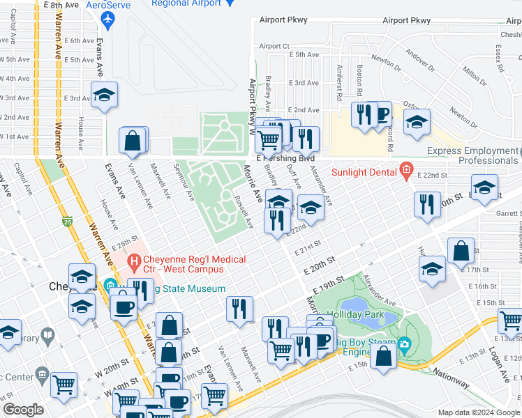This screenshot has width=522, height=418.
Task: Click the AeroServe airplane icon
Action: (x=107, y=20)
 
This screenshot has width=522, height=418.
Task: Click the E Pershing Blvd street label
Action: (x=286, y=158)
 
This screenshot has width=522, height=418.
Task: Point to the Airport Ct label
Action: (x=274, y=46)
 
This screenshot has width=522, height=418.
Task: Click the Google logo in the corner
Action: (x=23, y=410)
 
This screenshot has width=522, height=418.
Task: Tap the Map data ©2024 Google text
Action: (x=478, y=412)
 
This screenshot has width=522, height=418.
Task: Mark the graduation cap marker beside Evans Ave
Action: (x=105, y=95)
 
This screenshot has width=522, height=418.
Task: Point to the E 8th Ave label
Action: (x=61, y=5)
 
